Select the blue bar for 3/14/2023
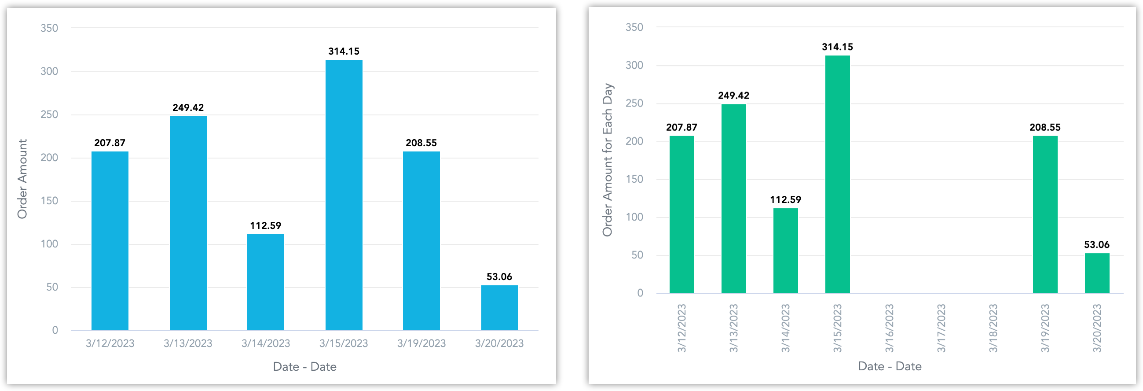click(x=265, y=282)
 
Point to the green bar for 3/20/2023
click(x=1097, y=273)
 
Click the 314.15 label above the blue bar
click(x=344, y=51)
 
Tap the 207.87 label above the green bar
click(x=681, y=128)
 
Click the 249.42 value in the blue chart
click(x=188, y=107)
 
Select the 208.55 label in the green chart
click(x=1045, y=128)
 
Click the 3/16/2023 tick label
click(x=889, y=328)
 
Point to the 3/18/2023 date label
click(x=993, y=328)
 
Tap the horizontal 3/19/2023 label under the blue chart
click(x=421, y=343)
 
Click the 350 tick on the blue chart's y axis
click(x=49, y=28)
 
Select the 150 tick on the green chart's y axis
click(x=634, y=179)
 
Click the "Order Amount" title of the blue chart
click(x=22, y=179)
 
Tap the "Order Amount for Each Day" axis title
click(x=607, y=160)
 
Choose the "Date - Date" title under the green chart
click(x=890, y=366)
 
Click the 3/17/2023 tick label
click(x=941, y=328)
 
